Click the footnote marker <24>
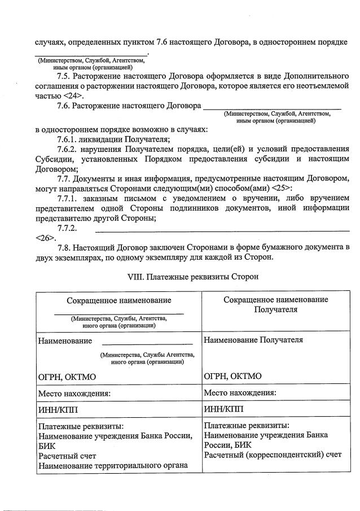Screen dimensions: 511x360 [66, 96]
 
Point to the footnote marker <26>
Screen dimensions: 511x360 [42, 238]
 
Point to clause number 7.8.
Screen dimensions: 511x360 [64, 248]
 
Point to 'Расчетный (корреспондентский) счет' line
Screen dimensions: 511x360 [273, 455]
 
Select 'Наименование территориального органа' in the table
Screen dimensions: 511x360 [112, 465]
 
